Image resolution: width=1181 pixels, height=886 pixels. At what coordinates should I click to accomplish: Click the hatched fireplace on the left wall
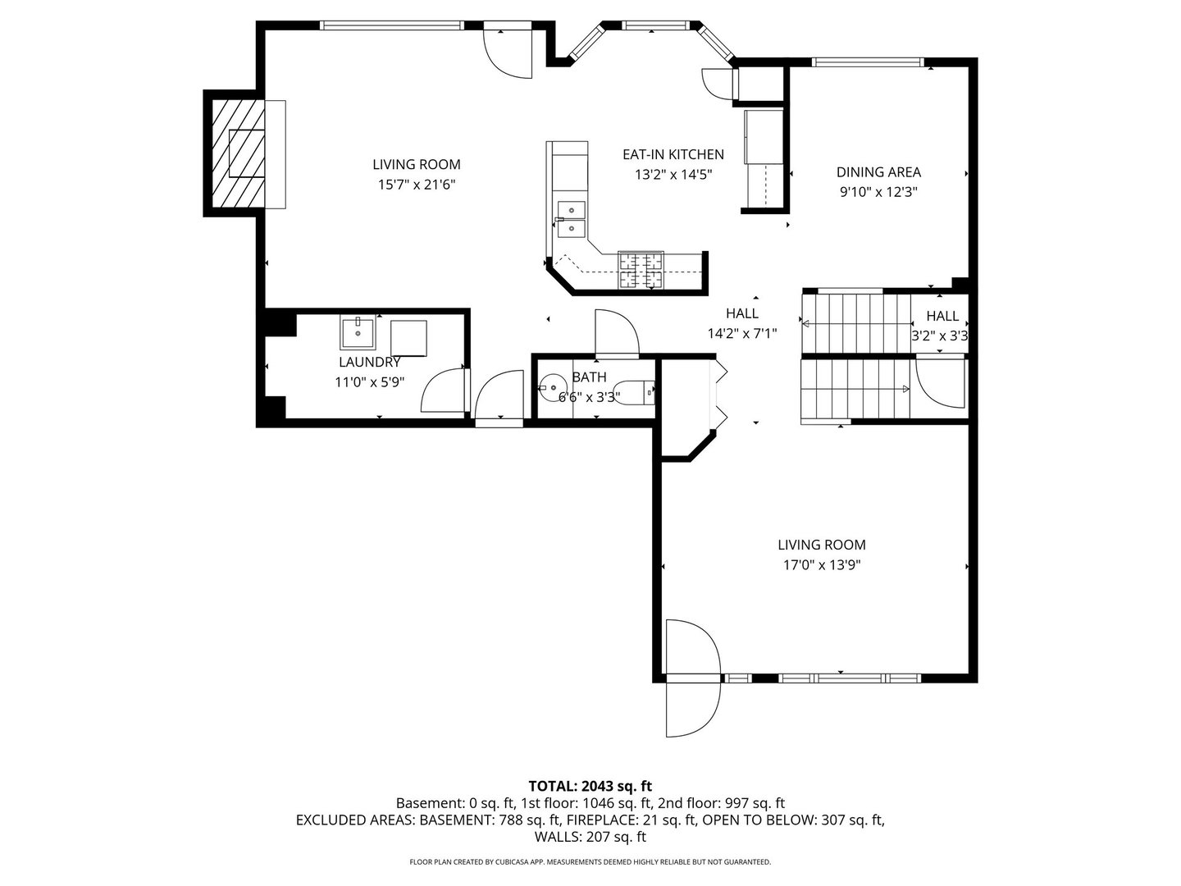(x=235, y=153)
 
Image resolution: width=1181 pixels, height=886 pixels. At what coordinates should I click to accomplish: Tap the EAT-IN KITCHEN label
(x=673, y=154)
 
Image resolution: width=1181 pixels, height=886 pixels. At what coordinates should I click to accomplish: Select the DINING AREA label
(x=878, y=172)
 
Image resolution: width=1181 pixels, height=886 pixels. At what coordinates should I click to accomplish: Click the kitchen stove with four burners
(x=641, y=271)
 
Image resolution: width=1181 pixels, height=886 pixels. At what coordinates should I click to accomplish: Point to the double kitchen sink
(x=571, y=219)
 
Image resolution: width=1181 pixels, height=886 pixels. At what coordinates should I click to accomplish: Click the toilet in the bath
(x=638, y=392)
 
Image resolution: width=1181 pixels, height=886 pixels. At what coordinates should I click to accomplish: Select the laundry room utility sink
(x=358, y=332)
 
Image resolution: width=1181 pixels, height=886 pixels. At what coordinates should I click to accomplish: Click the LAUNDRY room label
(x=369, y=363)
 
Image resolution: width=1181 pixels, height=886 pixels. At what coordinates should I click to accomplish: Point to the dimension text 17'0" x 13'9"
(x=821, y=564)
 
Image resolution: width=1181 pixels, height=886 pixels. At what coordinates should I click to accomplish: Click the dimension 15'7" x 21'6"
(x=416, y=185)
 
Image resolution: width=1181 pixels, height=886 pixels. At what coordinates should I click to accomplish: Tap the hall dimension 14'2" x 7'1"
(x=741, y=333)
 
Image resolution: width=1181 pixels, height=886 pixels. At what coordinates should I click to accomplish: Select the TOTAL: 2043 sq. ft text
(x=590, y=786)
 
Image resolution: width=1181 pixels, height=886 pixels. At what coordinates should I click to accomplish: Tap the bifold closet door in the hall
(x=720, y=394)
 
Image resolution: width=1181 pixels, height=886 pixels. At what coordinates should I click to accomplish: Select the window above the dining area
(x=867, y=62)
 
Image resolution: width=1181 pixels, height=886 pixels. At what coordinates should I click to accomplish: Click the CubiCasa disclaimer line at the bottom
(x=590, y=862)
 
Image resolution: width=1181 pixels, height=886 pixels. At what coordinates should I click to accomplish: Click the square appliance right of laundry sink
(x=409, y=339)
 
